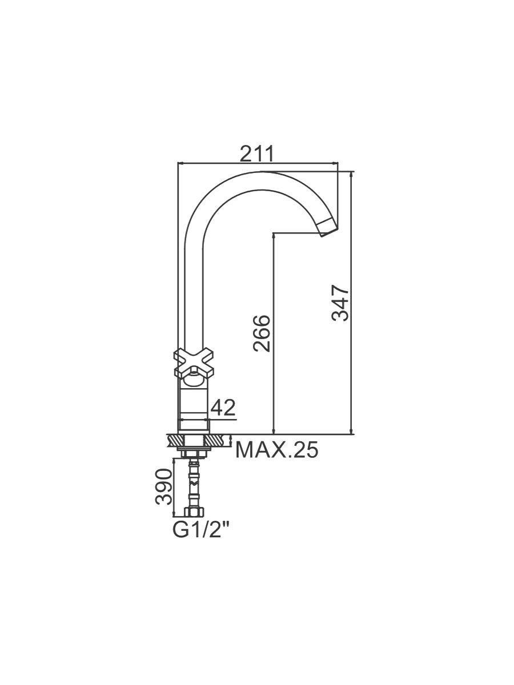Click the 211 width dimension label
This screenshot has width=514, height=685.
coord(256,153)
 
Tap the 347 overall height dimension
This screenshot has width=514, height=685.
coord(340,303)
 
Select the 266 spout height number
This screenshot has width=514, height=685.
coord(262,333)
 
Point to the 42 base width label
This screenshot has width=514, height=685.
coord(223,408)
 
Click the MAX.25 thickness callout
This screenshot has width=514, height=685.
coord(277,450)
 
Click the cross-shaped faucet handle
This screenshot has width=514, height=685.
coord(194,364)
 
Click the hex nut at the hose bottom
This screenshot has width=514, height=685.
coord(194,512)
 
